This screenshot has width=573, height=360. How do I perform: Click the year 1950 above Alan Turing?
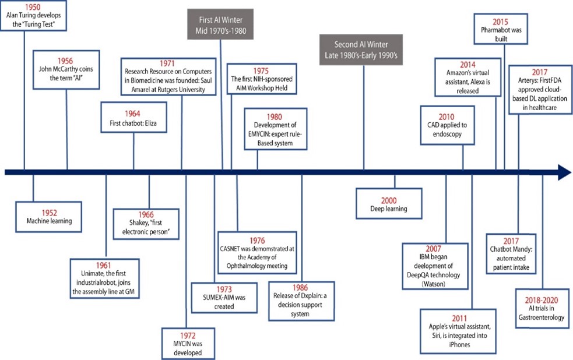(x=33, y=7)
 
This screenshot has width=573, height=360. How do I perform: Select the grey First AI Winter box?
(x=220, y=24)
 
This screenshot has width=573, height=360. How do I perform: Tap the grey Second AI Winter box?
(x=361, y=50)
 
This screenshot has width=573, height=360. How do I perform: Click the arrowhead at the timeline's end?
(x=564, y=172)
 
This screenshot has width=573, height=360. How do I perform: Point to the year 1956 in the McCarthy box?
(x=65, y=61)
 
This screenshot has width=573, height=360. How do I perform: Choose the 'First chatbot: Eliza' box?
(x=133, y=117)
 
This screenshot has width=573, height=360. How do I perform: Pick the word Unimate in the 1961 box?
(x=92, y=273)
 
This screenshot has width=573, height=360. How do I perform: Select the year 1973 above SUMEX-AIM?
(x=224, y=289)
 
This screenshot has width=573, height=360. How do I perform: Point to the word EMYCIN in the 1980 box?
(x=259, y=134)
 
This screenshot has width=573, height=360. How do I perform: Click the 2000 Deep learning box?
(x=389, y=203)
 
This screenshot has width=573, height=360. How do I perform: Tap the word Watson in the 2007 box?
(x=434, y=284)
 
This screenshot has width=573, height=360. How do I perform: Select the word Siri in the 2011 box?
(x=436, y=336)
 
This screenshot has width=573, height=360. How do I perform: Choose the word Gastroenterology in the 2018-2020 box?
(x=541, y=317)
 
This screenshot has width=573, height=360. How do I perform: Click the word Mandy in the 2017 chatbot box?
(x=522, y=249)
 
